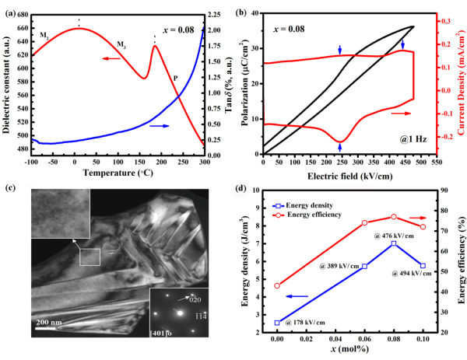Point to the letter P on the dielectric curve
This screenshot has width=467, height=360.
click(x=175, y=78)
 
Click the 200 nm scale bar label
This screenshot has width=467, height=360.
click(x=49, y=320)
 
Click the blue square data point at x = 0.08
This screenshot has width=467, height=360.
click(x=394, y=243)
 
